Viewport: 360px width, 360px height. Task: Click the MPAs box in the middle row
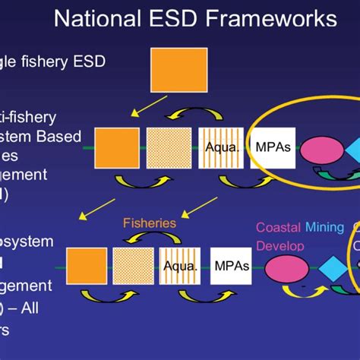273,147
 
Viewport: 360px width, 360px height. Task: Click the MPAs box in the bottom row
231,267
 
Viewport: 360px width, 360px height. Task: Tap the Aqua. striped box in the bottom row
180,267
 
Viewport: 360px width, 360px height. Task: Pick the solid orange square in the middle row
117,147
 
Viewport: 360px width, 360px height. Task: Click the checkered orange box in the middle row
169,147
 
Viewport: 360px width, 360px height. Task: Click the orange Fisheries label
150,224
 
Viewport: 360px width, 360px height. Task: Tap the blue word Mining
324,227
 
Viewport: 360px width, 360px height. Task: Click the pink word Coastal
278,227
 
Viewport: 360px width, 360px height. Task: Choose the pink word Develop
280,246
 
